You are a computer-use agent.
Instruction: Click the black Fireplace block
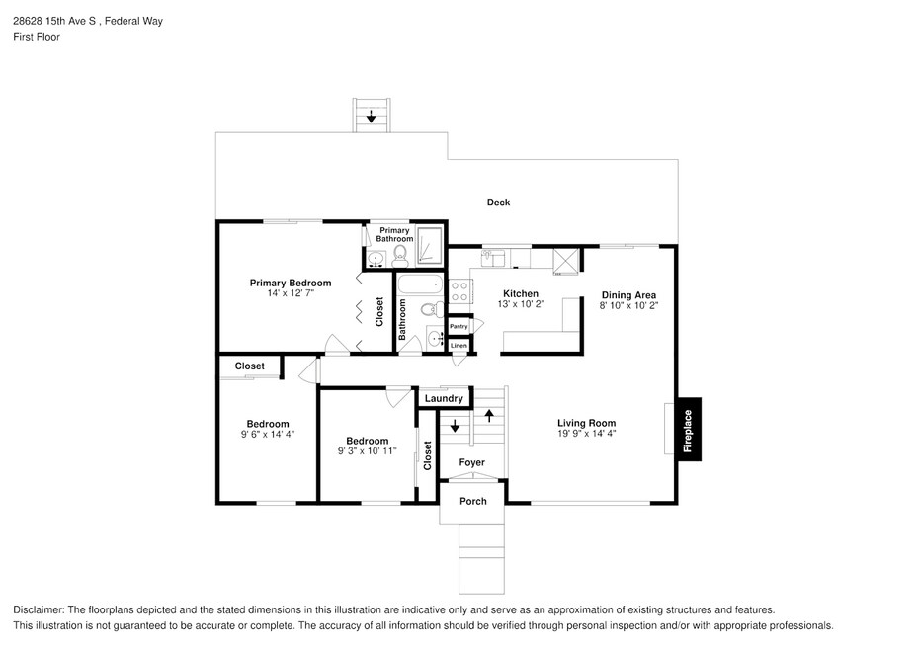(690, 429)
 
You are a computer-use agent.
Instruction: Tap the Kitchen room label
(521, 294)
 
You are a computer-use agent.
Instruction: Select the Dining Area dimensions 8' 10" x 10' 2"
(628, 305)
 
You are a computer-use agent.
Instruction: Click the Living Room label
(587, 423)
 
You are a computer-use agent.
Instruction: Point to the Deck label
(499, 203)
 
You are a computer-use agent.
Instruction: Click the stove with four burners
(460, 291)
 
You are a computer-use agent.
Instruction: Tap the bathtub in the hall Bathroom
(420, 285)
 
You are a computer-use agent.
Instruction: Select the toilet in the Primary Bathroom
(400, 255)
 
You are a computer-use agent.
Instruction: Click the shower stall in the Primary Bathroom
(429, 245)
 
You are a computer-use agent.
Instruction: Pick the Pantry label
(459, 326)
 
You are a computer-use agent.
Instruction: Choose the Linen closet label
(459, 345)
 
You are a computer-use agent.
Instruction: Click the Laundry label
(444, 398)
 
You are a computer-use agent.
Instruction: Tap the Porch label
(473, 501)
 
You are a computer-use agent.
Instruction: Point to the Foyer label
(471, 462)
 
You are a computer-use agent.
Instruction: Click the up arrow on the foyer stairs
(489, 415)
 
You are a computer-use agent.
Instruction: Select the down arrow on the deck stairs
(371, 116)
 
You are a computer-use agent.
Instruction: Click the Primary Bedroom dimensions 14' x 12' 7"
(291, 293)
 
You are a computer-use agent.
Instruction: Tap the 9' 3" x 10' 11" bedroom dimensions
(368, 451)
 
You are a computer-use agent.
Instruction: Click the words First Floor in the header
(37, 37)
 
